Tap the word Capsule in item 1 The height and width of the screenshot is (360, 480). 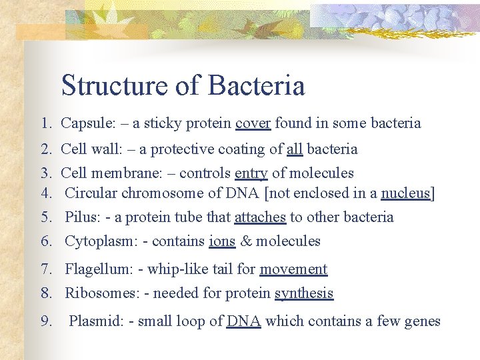pyautogui.click(x=85, y=123)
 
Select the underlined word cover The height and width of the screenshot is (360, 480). pyautogui.click(x=253, y=123)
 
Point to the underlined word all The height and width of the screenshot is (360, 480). pyautogui.click(x=295, y=149)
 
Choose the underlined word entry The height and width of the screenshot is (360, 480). pyautogui.click(x=251, y=174)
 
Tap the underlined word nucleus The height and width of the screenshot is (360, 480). pyautogui.click(x=406, y=193)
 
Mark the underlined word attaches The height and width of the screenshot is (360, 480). pyautogui.click(x=260, y=217)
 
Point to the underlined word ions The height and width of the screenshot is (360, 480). pyautogui.click(x=222, y=241)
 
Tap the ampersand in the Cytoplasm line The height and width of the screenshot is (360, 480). pyautogui.click(x=245, y=241)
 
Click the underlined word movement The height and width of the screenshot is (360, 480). pyautogui.click(x=293, y=269)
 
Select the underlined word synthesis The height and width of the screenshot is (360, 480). pyautogui.click(x=304, y=293)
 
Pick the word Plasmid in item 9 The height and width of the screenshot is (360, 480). pyautogui.click(x=95, y=321)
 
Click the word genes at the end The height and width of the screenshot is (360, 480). pyautogui.click(x=422, y=322)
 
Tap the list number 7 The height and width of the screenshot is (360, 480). pyautogui.click(x=45, y=269)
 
